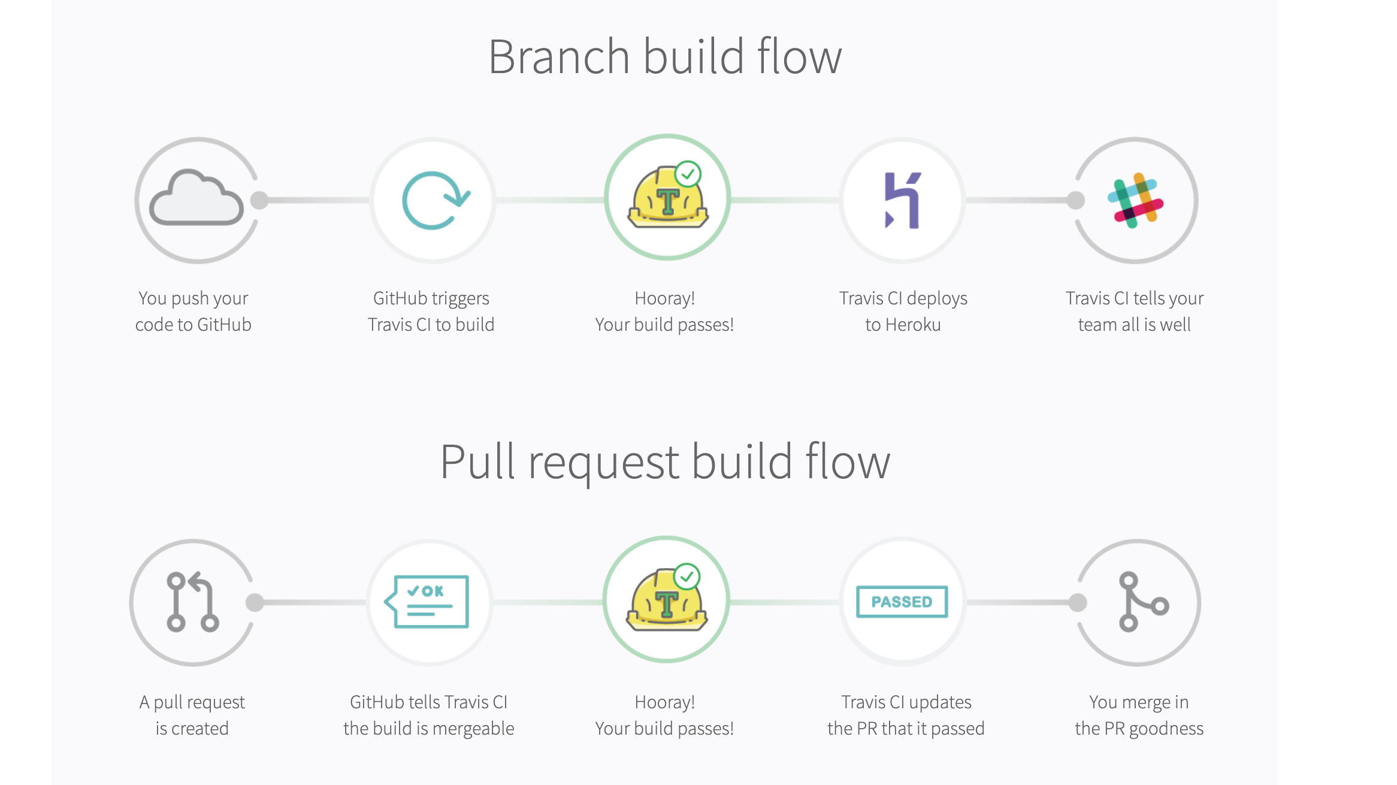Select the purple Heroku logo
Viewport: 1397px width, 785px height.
click(902, 200)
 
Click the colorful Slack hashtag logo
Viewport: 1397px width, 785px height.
click(1135, 201)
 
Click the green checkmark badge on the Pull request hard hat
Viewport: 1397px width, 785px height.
click(687, 576)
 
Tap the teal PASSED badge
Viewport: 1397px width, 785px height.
click(902, 602)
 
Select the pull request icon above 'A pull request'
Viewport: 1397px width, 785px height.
click(192, 602)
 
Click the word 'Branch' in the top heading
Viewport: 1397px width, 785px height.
click(558, 57)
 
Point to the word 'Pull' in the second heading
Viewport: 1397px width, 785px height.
click(477, 462)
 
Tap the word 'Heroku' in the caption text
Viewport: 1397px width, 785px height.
click(913, 325)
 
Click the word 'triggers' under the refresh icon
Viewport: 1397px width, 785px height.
click(460, 298)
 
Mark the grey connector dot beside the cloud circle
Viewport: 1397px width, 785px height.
click(259, 200)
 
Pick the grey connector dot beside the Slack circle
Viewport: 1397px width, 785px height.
click(1076, 200)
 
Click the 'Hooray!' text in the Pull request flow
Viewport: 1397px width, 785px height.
click(664, 702)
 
